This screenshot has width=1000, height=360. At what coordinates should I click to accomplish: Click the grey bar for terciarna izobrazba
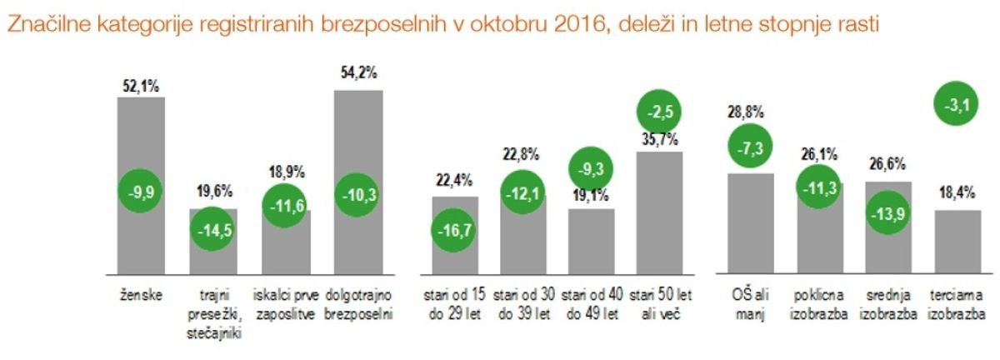tap(957, 241)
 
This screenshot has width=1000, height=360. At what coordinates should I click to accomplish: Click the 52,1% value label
tap(141, 86)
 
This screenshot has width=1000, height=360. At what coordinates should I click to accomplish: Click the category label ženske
tap(141, 294)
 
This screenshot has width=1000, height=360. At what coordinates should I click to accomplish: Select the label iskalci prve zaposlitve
tap(285, 302)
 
